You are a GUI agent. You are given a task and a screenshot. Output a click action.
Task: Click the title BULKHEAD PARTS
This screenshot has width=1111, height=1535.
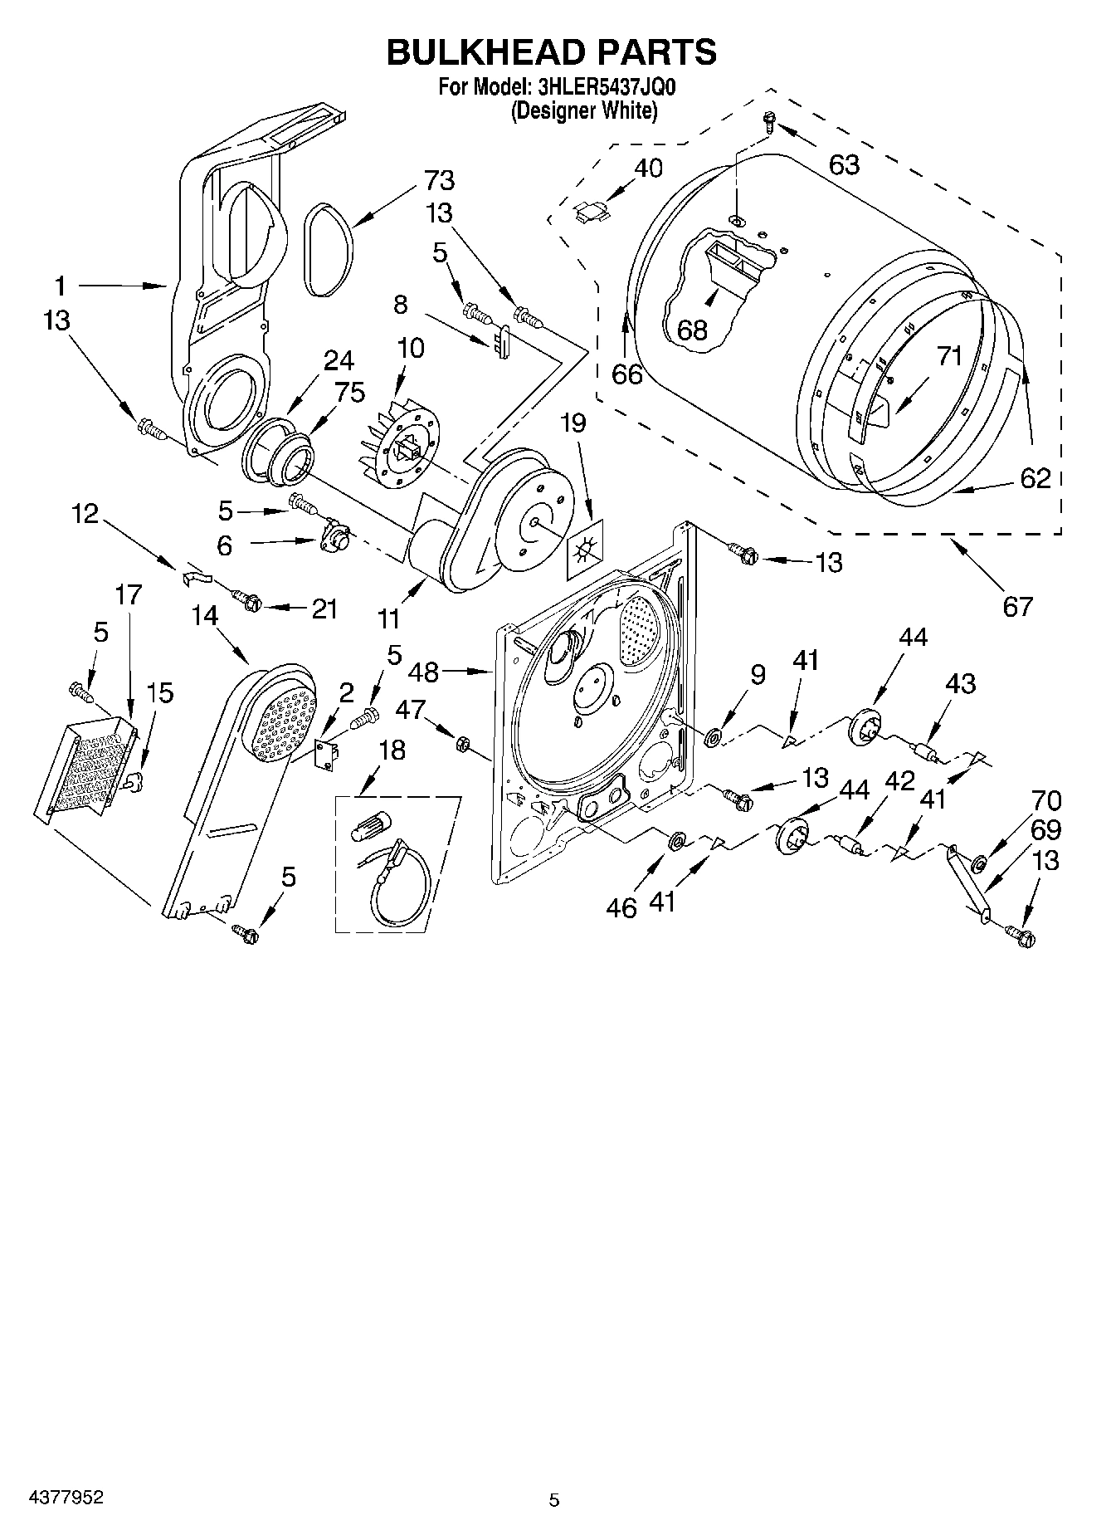(x=552, y=51)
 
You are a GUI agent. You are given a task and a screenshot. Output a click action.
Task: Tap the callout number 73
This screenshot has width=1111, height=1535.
(x=439, y=180)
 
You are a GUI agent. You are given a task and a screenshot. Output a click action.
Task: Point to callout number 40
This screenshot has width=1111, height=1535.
(x=648, y=168)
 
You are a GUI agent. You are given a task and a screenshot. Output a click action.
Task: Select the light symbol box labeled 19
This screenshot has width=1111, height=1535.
(x=586, y=550)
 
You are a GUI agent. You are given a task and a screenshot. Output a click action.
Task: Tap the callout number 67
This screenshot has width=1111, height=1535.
(x=1017, y=606)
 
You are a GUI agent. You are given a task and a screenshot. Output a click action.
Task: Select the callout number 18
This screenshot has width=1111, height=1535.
(x=392, y=750)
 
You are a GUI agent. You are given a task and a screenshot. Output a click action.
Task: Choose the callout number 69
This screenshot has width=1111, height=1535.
(x=1045, y=829)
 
